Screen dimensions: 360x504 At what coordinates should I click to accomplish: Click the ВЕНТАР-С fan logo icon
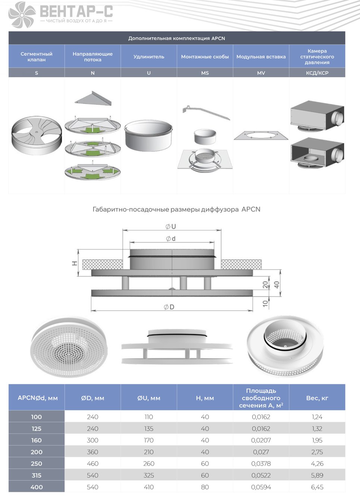[x=22, y=15]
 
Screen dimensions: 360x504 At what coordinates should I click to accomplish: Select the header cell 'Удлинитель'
[x=149, y=57]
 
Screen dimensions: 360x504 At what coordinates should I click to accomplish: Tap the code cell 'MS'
[x=205, y=73]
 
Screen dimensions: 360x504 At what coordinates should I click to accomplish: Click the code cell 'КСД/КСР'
[x=317, y=73]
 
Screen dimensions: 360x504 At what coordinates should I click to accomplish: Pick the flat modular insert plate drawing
[x=261, y=136]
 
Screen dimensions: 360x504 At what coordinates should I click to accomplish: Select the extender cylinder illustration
[x=148, y=136]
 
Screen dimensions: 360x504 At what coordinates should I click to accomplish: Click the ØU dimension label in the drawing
[x=170, y=227]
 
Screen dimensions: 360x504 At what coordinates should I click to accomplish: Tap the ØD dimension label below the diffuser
[x=169, y=307]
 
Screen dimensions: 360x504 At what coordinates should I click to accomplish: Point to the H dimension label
[x=75, y=263]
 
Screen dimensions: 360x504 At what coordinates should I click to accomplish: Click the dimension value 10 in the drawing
[x=265, y=303]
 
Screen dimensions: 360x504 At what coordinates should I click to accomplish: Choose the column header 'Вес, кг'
[x=317, y=398]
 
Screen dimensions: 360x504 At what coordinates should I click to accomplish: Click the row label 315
[x=37, y=475]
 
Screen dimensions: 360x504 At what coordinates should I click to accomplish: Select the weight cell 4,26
[x=317, y=464]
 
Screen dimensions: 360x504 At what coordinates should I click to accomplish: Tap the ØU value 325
[x=149, y=475]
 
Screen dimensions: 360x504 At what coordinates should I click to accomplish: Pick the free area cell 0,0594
[x=261, y=487]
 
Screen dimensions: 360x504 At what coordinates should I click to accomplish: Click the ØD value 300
[x=93, y=440]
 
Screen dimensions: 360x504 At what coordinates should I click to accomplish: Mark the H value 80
[x=205, y=487]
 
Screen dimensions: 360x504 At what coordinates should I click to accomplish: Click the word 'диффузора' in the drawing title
[x=219, y=209]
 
